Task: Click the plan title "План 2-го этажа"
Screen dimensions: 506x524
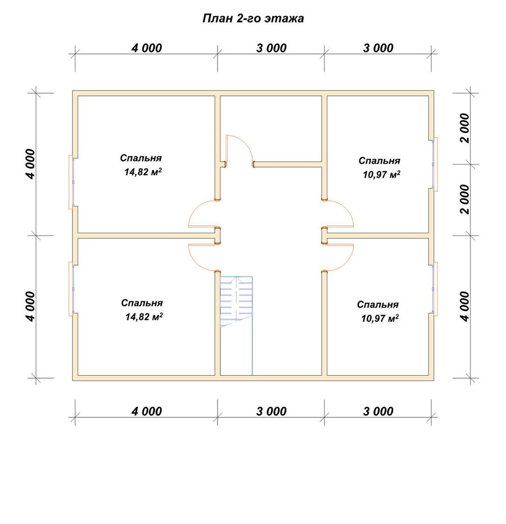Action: tap(253, 18)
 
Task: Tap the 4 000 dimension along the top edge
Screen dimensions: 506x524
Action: tap(147, 48)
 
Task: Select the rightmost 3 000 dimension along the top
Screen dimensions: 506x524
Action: tap(378, 48)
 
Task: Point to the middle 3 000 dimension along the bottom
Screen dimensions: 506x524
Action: tap(271, 411)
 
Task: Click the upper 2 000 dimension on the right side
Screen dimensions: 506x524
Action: tap(465, 128)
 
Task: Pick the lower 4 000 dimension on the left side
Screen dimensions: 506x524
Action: tap(30, 307)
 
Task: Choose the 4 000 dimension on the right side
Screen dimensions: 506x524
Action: tap(465, 307)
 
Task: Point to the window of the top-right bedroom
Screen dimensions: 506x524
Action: tap(434, 164)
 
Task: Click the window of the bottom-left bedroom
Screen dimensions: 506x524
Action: tap(71, 289)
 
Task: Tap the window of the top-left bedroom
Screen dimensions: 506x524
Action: tap(71, 182)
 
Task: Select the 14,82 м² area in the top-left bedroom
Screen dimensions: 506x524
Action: tap(144, 172)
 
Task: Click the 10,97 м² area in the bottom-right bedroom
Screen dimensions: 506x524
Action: tap(380, 319)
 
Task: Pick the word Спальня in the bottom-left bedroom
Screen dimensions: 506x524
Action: tap(142, 303)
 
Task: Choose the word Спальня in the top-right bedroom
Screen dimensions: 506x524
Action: tap(379, 161)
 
